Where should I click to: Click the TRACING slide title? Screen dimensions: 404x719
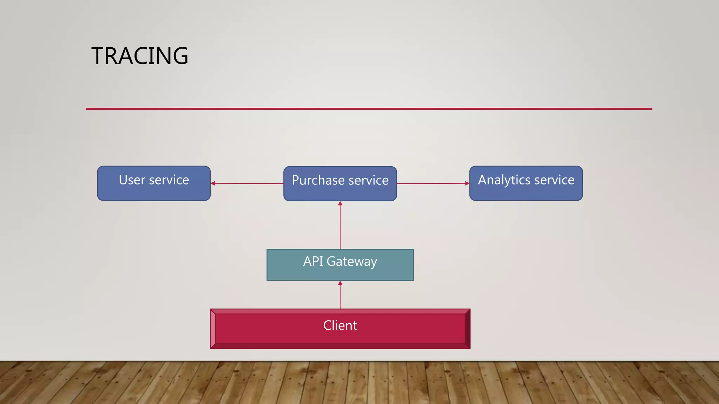click(x=140, y=56)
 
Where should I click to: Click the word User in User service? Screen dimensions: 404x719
click(x=132, y=180)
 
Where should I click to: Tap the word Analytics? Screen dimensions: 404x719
click(x=504, y=180)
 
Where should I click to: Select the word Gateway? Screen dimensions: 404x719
click(x=352, y=262)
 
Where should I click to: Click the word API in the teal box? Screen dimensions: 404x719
click(x=313, y=261)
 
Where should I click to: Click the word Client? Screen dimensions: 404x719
click(x=340, y=325)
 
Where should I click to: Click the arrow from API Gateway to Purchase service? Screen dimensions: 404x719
click(x=340, y=226)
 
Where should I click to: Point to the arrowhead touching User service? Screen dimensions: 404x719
click(x=213, y=183)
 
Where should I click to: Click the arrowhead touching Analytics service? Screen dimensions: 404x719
click(x=467, y=183)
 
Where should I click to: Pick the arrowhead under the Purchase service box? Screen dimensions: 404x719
click(x=340, y=204)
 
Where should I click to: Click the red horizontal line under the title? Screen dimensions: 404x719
click(x=369, y=109)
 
